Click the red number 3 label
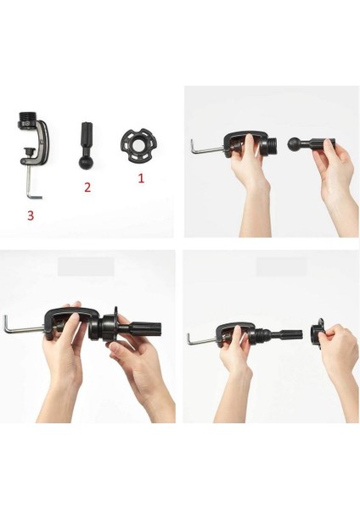point(31,215)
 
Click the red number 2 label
point(87,187)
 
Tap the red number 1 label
point(141,178)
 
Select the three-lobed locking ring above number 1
point(137,147)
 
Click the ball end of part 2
point(86,162)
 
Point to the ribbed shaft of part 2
point(86,135)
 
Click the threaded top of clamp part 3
point(27,116)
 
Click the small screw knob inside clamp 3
point(29,151)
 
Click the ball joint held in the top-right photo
point(295,144)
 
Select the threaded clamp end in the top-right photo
point(273,144)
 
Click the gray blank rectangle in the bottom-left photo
point(86,266)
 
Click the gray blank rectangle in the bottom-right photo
point(281,266)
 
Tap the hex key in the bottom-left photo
point(23,327)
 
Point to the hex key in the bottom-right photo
point(201,339)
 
